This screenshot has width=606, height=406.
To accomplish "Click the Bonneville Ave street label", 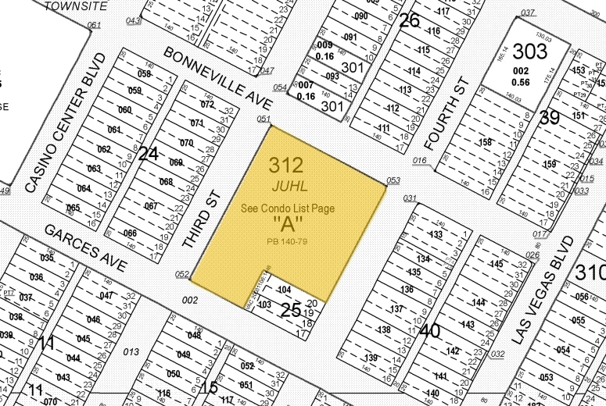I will [217, 77].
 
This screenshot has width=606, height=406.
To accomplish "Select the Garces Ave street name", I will [85, 248].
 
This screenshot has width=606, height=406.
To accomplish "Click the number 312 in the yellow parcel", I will [286, 165].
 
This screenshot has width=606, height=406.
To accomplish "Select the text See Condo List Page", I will [288, 208].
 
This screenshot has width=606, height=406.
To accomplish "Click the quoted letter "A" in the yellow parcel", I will [288, 225].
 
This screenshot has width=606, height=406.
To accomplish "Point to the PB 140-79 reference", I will [288, 239].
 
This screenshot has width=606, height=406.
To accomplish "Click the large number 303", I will [530, 52].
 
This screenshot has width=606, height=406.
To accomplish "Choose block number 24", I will [149, 154].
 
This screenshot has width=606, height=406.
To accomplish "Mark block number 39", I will [550, 118].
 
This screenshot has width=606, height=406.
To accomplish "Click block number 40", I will [429, 331].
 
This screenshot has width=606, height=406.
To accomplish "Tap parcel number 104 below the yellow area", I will [284, 290].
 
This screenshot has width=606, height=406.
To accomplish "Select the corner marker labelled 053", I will [393, 180].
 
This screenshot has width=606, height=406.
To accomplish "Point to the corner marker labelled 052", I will [182, 275].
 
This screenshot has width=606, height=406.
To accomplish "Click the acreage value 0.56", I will [520, 82].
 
